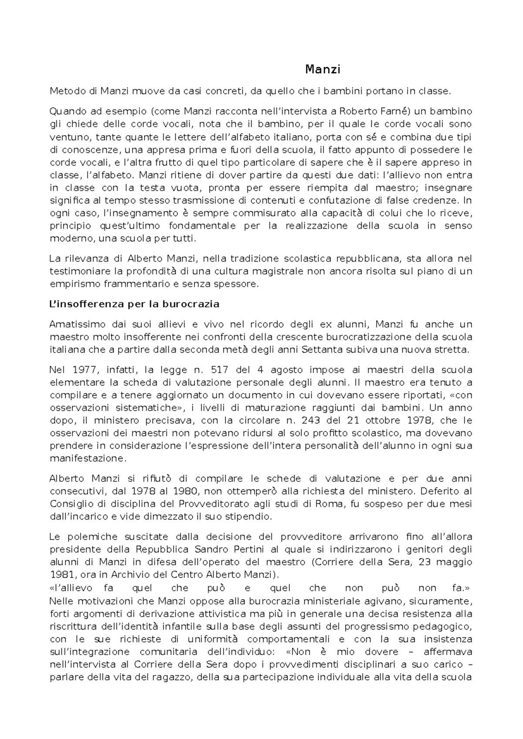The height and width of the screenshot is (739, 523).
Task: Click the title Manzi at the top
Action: pyautogui.click(x=323, y=69)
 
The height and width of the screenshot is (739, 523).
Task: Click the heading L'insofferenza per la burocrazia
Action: pyautogui.click(x=134, y=304)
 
